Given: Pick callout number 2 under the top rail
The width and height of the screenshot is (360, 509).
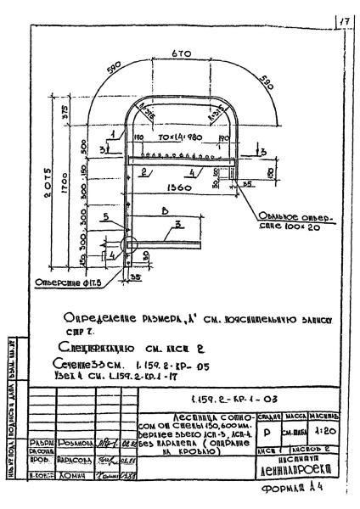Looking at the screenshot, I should (x=146, y=171).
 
